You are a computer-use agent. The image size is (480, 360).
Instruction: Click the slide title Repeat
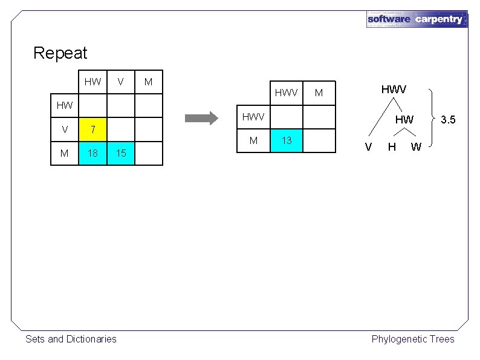(x=60, y=53)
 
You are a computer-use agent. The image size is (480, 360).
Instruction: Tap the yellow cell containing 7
(x=92, y=129)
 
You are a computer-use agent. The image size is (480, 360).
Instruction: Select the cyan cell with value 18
(x=92, y=153)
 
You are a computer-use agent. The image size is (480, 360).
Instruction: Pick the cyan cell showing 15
(x=121, y=153)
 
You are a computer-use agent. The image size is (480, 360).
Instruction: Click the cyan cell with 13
(x=287, y=141)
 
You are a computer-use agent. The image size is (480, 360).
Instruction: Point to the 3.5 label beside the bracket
(x=447, y=119)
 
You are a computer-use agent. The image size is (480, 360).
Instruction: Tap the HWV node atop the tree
(x=394, y=89)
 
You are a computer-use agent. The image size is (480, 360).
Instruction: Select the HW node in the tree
(x=404, y=120)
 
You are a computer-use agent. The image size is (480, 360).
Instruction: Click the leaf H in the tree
(x=392, y=146)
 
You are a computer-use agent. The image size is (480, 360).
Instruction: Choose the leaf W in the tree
(x=416, y=146)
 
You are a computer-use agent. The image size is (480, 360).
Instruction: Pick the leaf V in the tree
(x=368, y=146)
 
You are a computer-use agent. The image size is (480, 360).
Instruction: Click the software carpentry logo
(x=417, y=19)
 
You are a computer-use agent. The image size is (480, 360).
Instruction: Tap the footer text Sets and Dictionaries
(x=71, y=339)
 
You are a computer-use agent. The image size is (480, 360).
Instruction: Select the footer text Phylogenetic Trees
(x=412, y=339)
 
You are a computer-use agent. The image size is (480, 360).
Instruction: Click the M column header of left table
(x=149, y=81)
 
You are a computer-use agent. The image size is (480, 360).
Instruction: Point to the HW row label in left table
(x=64, y=105)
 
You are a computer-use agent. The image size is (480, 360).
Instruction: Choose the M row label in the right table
(x=254, y=141)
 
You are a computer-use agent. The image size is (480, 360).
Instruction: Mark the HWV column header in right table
(x=287, y=93)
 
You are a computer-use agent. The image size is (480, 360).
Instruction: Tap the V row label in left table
(x=64, y=129)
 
